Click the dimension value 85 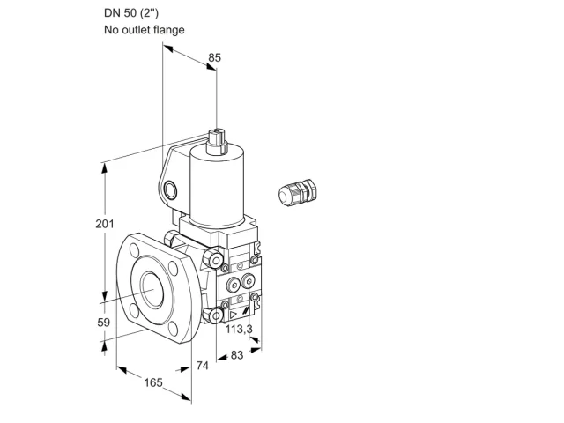tap(215, 57)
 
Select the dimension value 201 tap(105, 224)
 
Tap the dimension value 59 tap(104, 323)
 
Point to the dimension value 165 tap(153, 382)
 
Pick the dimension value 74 tap(203, 366)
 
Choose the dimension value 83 tap(237, 355)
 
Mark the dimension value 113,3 tap(239, 329)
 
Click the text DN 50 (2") tap(131, 13)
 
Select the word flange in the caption tap(168, 29)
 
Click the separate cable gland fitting tap(298, 192)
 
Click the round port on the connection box tap(170, 190)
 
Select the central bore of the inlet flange tap(152, 289)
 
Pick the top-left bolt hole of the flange tap(135, 250)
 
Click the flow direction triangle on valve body tap(233, 315)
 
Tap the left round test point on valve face tap(233, 286)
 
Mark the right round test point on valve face tap(249, 281)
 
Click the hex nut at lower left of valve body tap(214, 315)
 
